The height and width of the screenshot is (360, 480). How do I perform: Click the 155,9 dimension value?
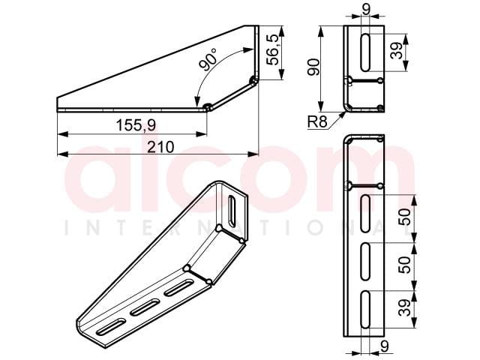[x=136, y=125]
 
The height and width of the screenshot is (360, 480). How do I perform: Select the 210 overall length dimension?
[x=160, y=147]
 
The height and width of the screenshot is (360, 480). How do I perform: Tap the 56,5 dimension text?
[x=273, y=49]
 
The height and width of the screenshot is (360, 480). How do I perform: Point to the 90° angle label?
[x=208, y=59]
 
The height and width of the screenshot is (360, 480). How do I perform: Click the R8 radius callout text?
[x=317, y=122]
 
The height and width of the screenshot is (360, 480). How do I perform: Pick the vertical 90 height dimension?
[x=314, y=67]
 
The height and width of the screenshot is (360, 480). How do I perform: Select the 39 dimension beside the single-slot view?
[x=397, y=51]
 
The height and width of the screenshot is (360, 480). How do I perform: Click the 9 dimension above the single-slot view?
[x=365, y=8]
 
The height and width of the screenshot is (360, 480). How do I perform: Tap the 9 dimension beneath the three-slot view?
[x=384, y=346]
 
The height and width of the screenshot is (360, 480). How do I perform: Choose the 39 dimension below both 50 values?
[x=406, y=307]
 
